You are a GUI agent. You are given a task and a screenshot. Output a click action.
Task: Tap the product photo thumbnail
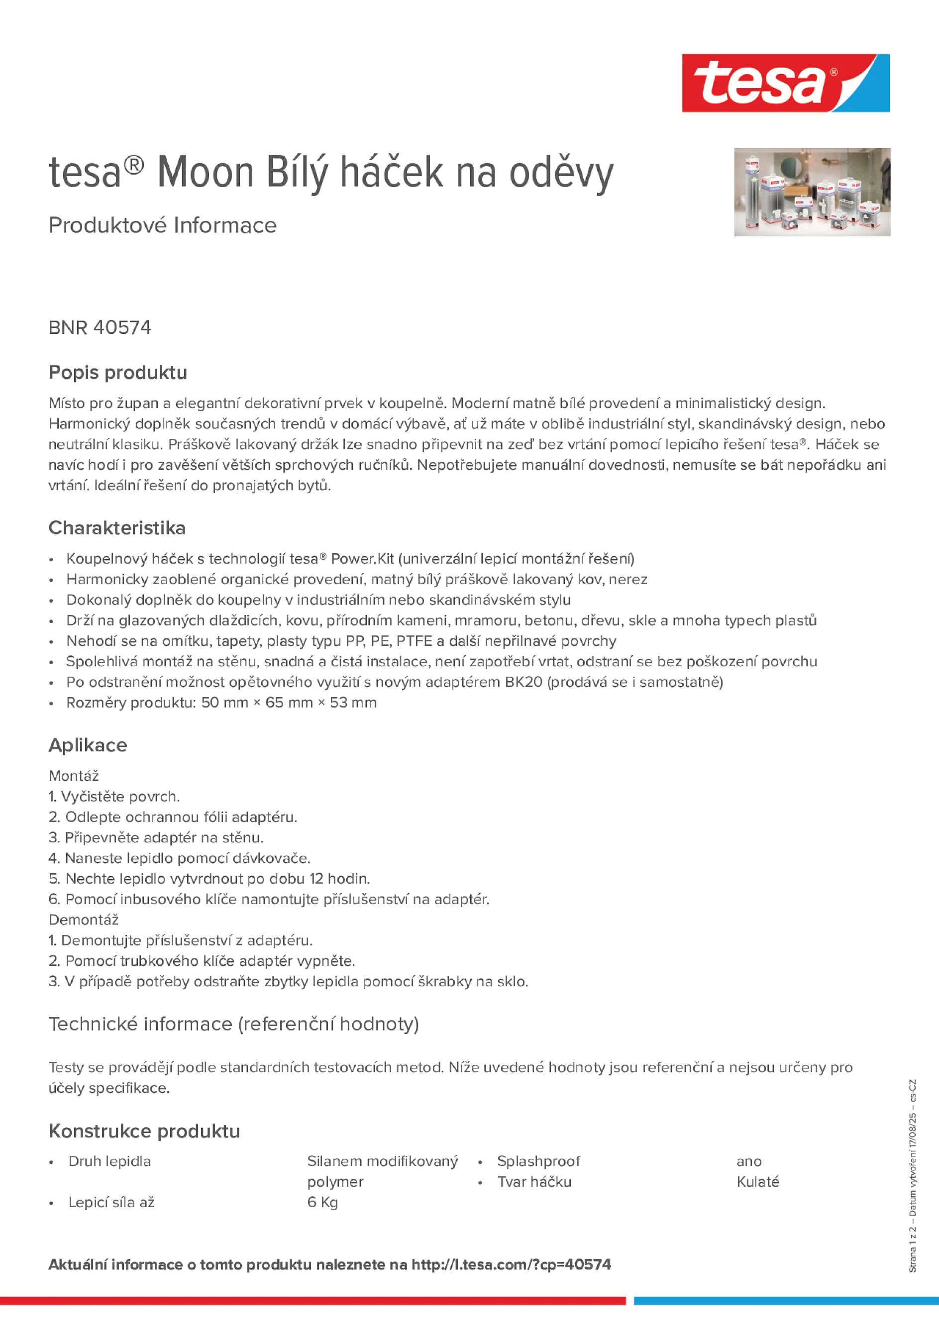(x=812, y=192)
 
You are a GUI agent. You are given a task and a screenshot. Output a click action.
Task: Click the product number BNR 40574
(x=100, y=327)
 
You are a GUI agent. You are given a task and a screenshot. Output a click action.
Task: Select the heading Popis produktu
(x=117, y=372)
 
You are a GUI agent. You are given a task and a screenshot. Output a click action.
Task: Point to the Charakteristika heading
(x=117, y=527)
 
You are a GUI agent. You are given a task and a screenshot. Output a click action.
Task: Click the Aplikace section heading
(x=88, y=744)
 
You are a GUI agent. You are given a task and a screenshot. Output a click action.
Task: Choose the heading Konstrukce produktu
(x=144, y=1130)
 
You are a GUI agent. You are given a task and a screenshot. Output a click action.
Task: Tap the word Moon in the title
(x=206, y=172)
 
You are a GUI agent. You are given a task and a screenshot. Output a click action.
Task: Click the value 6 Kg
(x=322, y=1202)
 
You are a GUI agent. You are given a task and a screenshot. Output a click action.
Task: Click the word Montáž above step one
(x=74, y=775)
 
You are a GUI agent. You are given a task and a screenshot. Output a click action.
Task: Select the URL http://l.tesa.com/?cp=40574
(x=511, y=1264)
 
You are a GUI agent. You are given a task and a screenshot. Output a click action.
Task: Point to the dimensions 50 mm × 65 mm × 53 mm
(x=289, y=702)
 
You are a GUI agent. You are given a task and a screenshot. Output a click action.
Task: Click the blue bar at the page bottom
(x=786, y=1301)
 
